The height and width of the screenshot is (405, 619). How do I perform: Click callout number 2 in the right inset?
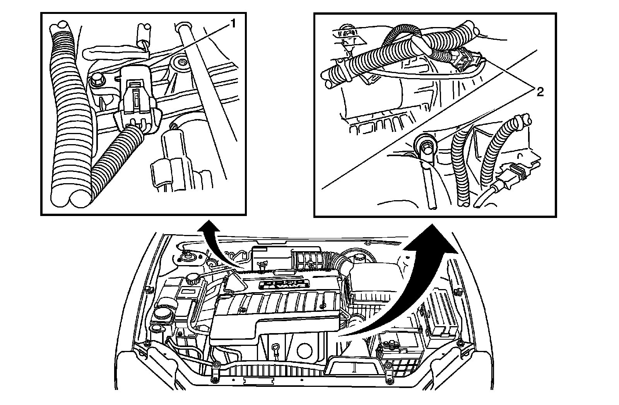tap(540, 92)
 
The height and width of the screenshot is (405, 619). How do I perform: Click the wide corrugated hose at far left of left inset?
tap(70, 116)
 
